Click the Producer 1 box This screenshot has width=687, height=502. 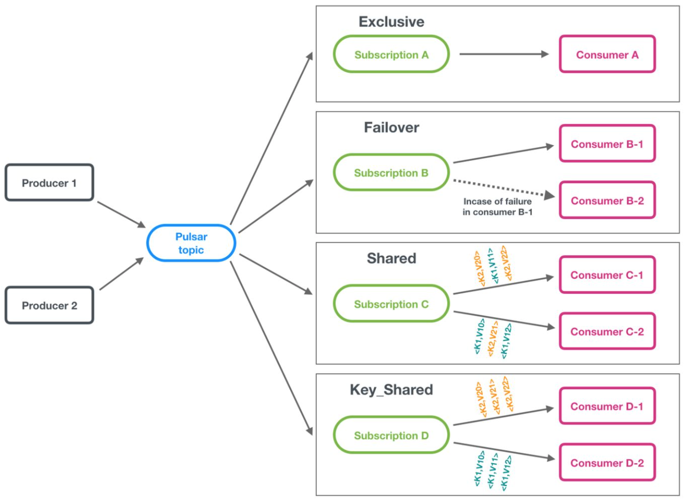pos(49,183)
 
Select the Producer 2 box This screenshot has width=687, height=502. pos(49,305)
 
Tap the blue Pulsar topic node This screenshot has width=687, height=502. pos(191,243)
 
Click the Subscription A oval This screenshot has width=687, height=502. pos(391,54)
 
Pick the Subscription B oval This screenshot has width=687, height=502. pos(391,173)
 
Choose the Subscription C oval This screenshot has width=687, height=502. pos(391,304)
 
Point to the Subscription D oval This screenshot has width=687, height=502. pos(391,435)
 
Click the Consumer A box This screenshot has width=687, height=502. pos(607,54)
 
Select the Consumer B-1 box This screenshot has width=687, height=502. pos(607,144)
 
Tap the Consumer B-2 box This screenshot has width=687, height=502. pos(607,201)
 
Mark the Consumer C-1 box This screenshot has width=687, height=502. pos(607,275)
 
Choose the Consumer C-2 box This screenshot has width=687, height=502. pos(607,332)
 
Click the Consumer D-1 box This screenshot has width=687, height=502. pos(607,406)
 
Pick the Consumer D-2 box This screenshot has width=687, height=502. pos(607,463)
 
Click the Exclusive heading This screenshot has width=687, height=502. pos(391,22)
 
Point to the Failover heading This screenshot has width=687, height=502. pos(391,128)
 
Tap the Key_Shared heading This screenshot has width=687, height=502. pos(391,390)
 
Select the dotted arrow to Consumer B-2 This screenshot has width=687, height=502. pos(503,188)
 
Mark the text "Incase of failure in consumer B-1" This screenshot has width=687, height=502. pos(497,206)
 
